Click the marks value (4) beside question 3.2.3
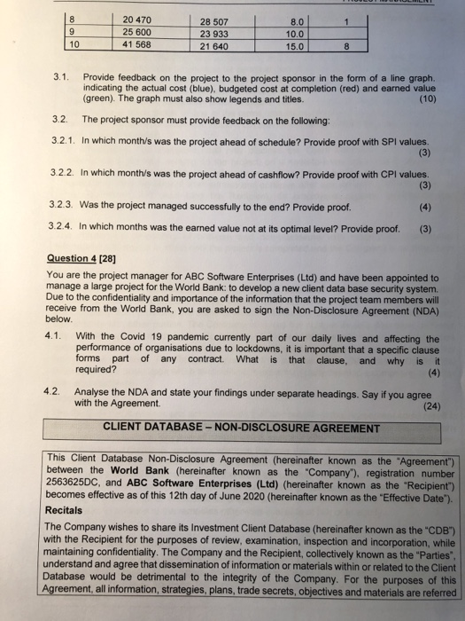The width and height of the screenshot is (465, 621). pyautogui.click(x=424, y=207)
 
